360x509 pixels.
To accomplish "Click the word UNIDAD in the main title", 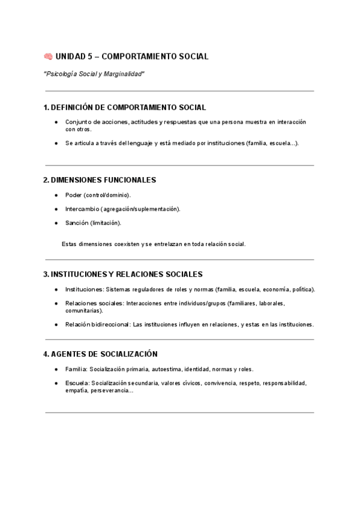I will pyautogui.click(x=70, y=56).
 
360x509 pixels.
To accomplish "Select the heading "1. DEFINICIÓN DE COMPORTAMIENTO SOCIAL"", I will pyautogui.click(x=125, y=107).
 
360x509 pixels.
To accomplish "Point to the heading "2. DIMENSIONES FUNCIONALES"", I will pyautogui.click(x=100, y=179).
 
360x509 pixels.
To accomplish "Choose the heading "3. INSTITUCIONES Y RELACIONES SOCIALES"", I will pyautogui.click(x=123, y=274).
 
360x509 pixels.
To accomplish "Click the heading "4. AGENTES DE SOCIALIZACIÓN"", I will pyautogui.click(x=100, y=354).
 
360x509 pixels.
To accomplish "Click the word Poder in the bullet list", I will pyautogui.click(x=73, y=195).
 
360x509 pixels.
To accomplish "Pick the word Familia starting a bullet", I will pyautogui.click(x=76, y=369).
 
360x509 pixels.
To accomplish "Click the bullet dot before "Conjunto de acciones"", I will pyautogui.click(x=56, y=122).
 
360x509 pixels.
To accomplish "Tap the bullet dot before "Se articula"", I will pyautogui.click(x=56, y=143).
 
